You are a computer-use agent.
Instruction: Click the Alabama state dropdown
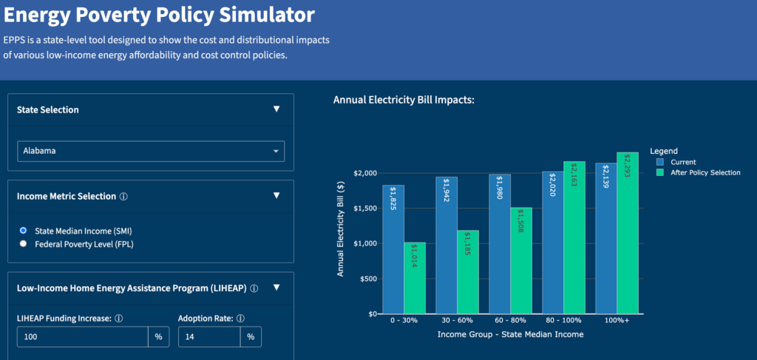(151, 151)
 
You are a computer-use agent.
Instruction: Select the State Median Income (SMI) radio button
(24, 231)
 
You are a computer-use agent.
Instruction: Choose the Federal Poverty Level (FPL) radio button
(24, 243)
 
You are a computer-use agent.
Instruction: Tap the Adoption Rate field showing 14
(209, 337)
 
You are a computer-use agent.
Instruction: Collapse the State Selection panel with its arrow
(276, 109)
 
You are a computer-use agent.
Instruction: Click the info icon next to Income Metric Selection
(123, 197)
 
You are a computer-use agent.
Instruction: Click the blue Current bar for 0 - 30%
(393, 250)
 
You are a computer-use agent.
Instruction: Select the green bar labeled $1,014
(414, 278)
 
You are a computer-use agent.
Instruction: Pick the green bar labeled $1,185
(467, 272)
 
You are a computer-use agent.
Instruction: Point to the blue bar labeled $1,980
(500, 244)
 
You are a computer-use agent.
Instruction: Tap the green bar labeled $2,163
(574, 237)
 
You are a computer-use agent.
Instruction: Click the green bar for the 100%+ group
(627, 233)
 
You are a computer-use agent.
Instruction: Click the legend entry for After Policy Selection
(698, 172)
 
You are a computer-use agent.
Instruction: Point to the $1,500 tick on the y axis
(364, 208)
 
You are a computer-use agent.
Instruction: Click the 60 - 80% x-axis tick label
(510, 322)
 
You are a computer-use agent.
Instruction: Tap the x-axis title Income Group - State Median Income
(509, 334)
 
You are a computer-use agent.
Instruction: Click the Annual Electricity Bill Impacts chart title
(404, 99)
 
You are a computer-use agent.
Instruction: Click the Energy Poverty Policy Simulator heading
(160, 15)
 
